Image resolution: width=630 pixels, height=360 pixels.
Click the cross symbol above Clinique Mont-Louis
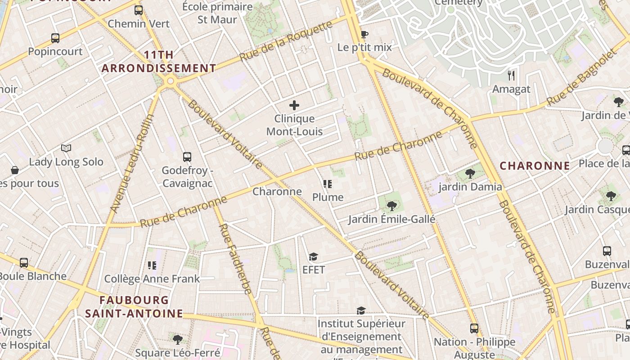tap(294, 105)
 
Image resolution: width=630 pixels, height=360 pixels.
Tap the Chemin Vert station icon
tap(139, 10)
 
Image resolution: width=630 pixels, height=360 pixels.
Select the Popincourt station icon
tap(55, 38)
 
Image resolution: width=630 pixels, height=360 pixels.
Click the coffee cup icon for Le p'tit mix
tap(364, 34)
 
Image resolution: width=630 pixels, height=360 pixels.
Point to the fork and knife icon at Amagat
tap(511, 75)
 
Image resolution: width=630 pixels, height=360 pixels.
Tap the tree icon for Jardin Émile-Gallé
tap(391, 206)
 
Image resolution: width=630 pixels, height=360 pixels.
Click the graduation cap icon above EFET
tap(313, 256)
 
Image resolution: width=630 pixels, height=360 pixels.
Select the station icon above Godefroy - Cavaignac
tap(187, 157)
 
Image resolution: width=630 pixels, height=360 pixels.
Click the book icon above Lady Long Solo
tap(66, 148)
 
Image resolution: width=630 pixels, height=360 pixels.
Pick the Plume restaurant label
tap(328, 197)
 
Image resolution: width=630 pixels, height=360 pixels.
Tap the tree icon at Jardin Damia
tap(470, 173)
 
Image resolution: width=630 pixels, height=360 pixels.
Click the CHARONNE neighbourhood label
tap(535, 166)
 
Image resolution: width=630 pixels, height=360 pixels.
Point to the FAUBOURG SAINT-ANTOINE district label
tap(134, 306)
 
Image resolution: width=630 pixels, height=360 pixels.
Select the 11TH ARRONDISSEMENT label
tap(158, 62)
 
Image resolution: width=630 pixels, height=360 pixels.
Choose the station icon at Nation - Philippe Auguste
tap(474, 328)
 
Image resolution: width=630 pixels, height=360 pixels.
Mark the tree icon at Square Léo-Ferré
tap(178, 339)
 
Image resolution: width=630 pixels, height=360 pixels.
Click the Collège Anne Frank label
tap(152, 279)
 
